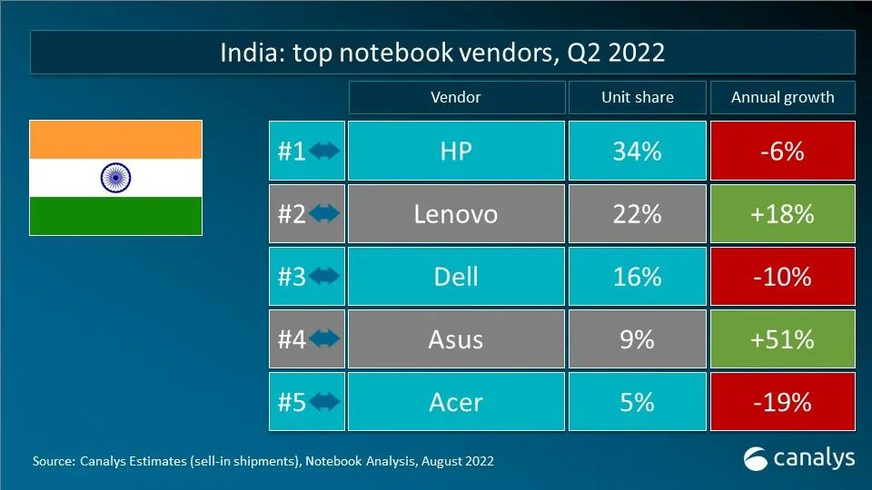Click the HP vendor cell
tap(455, 152)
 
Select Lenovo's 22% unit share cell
tap(637, 214)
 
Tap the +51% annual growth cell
tap(782, 339)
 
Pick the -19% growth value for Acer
tap(782, 402)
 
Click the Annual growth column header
tap(782, 98)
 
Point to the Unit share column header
tap(637, 98)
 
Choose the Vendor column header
tap(455, 98)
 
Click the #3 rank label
tap(292, 277)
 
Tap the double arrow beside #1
tap(324, 152)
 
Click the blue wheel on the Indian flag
tap(115, 178)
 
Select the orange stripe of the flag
tap(115, 140)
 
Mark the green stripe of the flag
tap(115, 216)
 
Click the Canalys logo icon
tap(756, 457)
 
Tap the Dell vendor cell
tap(455, 277)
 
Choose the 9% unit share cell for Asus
tap(637, 339)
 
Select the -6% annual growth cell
tap(782, 152)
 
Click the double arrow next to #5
tap(324, 402)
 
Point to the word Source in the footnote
tap(51, 461)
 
